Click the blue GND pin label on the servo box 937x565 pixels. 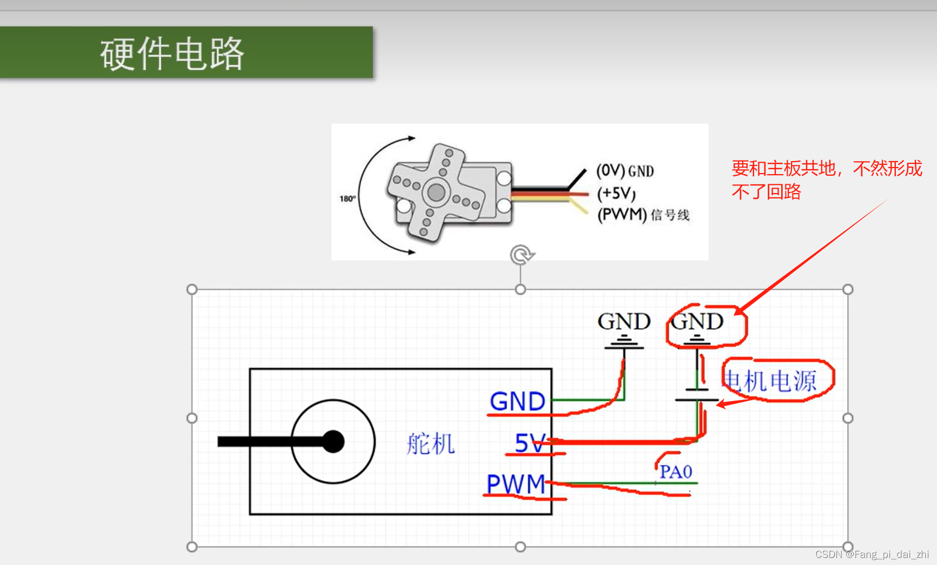pos(517,402)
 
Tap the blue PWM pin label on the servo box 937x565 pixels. pos(516,484)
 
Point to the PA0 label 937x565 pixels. pos(676,472)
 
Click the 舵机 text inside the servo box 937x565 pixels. pos(431,444)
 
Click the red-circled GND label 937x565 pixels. pos(697,322)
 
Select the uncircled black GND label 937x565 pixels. pos(624,322)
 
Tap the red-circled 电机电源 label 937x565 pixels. pos(770,381)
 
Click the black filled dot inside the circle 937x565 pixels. pos(333,442)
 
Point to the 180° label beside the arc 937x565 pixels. pos(347,198)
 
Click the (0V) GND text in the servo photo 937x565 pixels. pos(625,171)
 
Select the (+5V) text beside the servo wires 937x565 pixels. pos(616,193)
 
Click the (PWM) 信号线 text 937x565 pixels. pos(643,215)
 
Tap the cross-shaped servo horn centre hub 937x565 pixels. pos(436,191)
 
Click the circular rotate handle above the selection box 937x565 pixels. pos(521,255)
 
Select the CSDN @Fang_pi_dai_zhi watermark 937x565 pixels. pos(872,554)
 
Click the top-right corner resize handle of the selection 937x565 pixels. pos(848,289)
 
